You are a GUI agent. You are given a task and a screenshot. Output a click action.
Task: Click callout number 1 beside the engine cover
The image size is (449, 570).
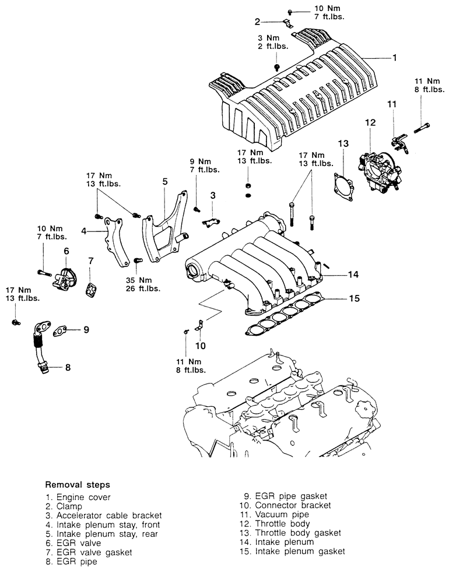pos(394,58)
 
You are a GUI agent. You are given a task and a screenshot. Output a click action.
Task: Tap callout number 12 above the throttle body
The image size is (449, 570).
pos(370,122)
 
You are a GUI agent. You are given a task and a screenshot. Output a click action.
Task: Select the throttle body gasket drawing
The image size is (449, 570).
pos(343,187)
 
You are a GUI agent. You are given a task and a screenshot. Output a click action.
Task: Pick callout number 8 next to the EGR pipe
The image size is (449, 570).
pos(68,367)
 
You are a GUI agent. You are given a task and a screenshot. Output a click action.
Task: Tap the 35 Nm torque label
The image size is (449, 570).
pos(139,280)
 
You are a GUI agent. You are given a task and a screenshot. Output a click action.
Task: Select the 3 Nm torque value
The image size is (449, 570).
pos(269,38)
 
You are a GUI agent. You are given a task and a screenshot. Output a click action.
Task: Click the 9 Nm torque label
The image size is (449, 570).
pos(201,161)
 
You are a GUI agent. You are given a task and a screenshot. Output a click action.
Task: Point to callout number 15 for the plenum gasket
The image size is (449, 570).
pos(354,298)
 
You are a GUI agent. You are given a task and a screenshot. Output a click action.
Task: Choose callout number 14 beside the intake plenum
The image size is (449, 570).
pos(353,274)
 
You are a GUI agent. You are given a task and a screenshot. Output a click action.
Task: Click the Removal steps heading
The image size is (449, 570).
pos(78,484)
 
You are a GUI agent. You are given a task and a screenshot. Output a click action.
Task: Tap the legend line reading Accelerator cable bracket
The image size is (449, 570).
pos(103,515)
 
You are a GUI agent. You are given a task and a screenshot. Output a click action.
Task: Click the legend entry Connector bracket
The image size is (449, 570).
pos(285,505)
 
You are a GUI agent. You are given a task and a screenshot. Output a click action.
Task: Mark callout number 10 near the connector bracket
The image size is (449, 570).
pos(201,346)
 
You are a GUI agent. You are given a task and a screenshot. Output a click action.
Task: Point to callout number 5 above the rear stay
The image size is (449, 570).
pos(165,181)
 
